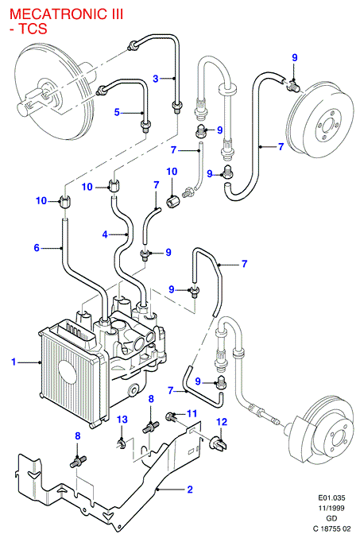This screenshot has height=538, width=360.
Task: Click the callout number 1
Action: (14, 362)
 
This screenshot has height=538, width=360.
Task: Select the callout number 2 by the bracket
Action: (190, 490)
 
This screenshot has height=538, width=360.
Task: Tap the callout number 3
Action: (156, 79)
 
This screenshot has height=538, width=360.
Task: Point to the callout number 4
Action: (105, 234)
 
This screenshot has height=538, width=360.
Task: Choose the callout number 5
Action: (117, 112)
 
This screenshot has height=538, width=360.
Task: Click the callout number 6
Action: (37, 248)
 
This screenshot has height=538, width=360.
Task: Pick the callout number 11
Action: (192, 413)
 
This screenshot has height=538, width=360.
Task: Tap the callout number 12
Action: (222, 422)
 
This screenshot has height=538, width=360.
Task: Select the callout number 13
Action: (122, 420)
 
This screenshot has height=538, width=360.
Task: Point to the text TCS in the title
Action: (33, 29)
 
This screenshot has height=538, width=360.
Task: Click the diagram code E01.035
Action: (331, 497)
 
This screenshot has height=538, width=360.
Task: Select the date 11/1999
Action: (331, 508)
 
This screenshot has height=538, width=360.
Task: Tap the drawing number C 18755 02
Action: (331, 529)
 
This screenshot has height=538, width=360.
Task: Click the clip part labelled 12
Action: (219, 444)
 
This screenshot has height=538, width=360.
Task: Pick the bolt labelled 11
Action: (171, 416)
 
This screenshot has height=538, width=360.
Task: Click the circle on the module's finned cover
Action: (68, 372)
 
